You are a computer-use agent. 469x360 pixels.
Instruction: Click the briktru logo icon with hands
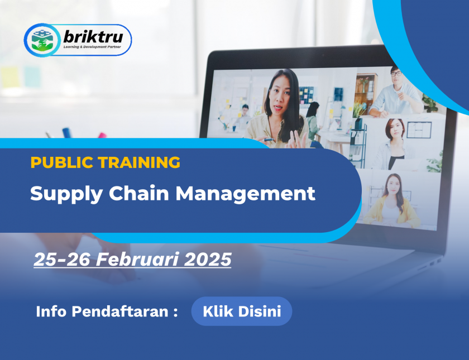pyautogui.click(x=42, y=40)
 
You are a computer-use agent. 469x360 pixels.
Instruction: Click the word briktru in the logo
pyautogui.click(x=93, y=37)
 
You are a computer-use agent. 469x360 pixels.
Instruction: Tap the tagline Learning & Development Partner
pyautogui.click(x=92, y=47)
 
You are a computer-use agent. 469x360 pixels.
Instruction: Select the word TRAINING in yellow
pyautogui.click(x=140, y=162)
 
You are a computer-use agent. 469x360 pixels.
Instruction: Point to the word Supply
pyautogui.click(x=66, y=195)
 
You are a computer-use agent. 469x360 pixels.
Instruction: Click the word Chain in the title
pyautogui.click(x=139, y=193)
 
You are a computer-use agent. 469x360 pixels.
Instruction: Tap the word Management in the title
pyautogui.click(x=245, y=194)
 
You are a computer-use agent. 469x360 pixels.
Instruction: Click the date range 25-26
pyautogui.click(x=62, y=259)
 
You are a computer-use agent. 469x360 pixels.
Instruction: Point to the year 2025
pyautogui.click(x=208, y=259)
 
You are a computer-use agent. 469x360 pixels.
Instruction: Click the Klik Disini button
pyautogui.click(x=242, y=311)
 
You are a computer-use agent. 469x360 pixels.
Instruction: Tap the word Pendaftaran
pyautogui.click(x=120, y=311)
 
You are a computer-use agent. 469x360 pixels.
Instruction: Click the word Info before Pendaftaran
pyautogui.click(x=51, y=311)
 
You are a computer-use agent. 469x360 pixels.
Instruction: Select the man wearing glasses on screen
pyautogui.click(x=395, y=93)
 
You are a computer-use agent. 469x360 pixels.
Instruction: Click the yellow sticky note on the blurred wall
pyautogui.click(x=10, y=77)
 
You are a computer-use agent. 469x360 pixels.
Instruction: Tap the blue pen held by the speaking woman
pyautogui.click(x=270, y=140)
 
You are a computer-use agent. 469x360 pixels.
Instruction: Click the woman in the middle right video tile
pyautogui.click(x=393, y=145)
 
